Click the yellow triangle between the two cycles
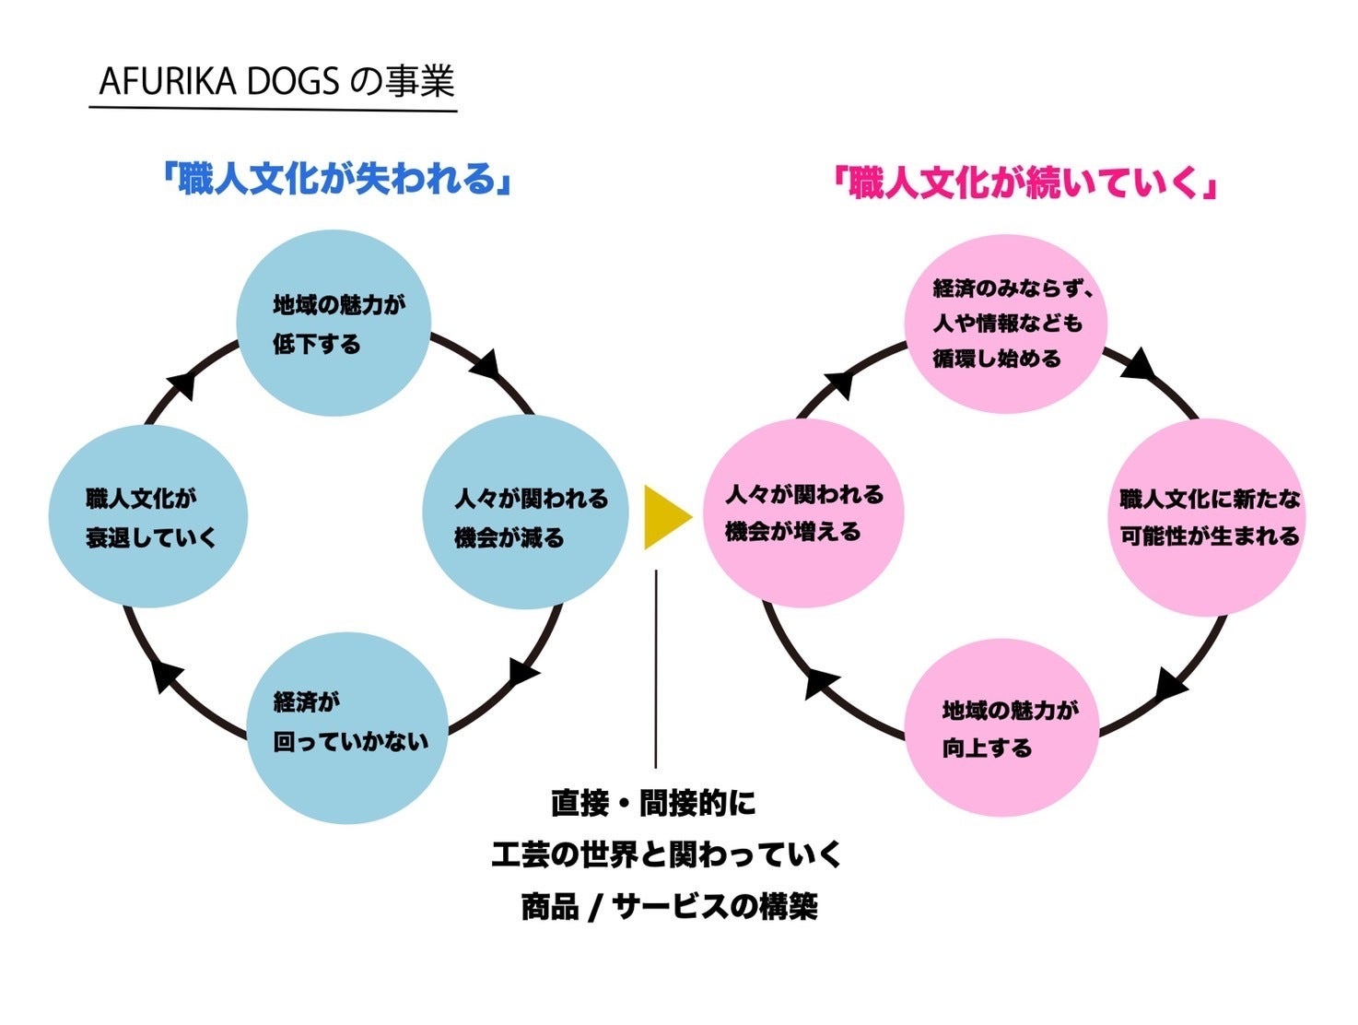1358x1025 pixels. click(x=665, y=517)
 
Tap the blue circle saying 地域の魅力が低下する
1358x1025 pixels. click(x=334, y=324)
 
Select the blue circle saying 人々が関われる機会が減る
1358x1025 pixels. click(x=525, y=512)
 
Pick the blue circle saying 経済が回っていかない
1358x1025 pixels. click(x=347, y=727)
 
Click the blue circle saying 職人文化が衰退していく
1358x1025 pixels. click(x=147, y=516)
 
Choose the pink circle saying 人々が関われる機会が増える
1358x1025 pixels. click(x=803, y=512)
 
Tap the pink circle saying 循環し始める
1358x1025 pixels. click(x=1006, y=324)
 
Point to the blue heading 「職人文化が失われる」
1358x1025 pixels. click(x=336, y=178)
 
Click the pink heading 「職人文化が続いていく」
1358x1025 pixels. click(x=1024, y=183)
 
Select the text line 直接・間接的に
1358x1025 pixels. click(x=653, y=803)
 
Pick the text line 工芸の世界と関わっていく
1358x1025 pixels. click(x=666, y=854)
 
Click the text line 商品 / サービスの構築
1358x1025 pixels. click(x=669, y=907)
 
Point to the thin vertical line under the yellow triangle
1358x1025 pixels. click(x=656, y=668)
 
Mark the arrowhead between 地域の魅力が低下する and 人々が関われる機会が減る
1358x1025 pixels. click(x=485, y=365)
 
